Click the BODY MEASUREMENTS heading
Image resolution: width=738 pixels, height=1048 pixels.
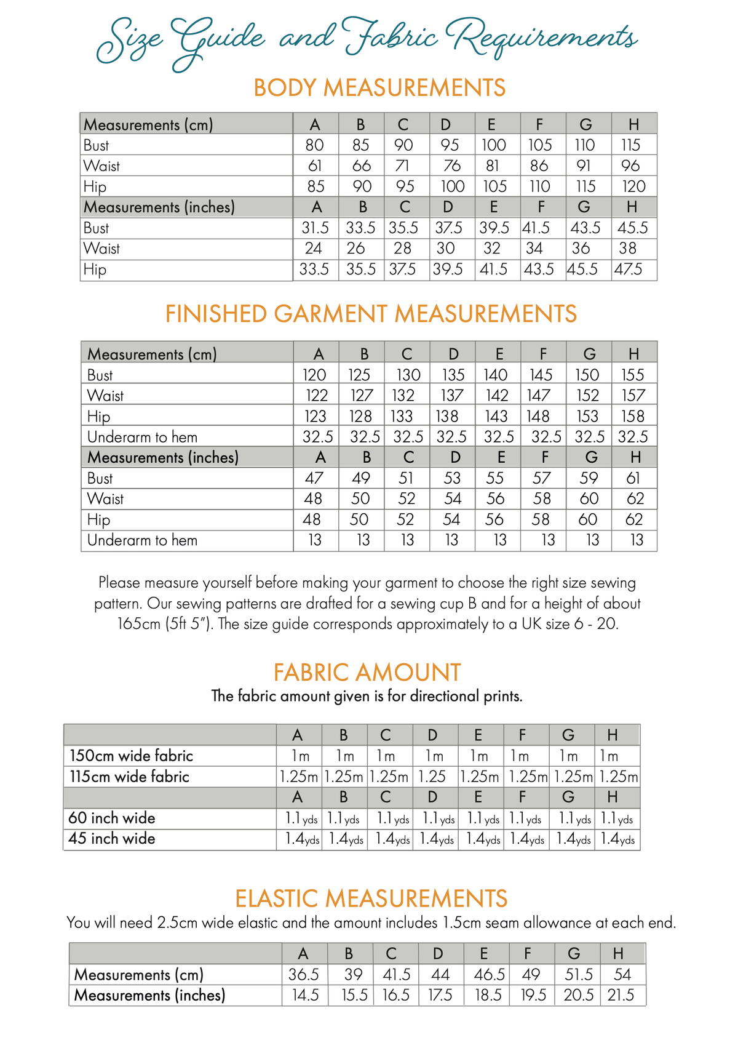(x=379, y=88)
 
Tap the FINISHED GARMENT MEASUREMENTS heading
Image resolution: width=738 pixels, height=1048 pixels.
(x=371, y=314)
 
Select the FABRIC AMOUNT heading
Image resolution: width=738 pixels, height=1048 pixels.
(x=367, y=673)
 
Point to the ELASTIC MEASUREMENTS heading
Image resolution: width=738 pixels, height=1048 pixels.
(x=371, y=899)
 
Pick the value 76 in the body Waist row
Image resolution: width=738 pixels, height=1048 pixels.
(x=452, y=166)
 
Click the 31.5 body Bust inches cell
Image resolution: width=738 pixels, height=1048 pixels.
(x=315, y=228)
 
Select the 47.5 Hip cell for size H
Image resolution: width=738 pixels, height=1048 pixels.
(x=628, y=270)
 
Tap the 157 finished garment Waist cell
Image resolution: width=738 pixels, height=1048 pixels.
(x=633, y=396)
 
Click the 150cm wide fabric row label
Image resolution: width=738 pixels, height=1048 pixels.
(x=131, y=756)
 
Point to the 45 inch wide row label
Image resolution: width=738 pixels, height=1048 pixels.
(x=111, y=839)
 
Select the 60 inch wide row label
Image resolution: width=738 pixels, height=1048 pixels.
(x=111, y=818)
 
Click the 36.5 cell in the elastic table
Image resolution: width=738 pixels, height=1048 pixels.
(x=304, y=975)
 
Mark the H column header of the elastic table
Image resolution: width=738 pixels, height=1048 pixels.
(x=618, y=954)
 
